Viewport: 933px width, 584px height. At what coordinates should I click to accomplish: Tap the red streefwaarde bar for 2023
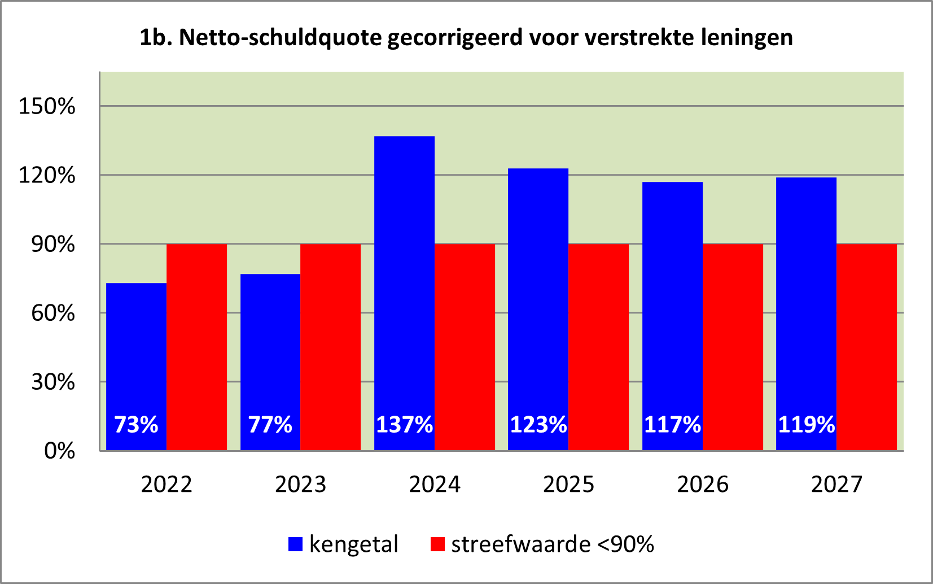330,347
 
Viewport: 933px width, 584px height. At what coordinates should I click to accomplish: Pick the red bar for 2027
866,347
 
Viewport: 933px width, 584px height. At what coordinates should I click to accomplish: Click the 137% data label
404,425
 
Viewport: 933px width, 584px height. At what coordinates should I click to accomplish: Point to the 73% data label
136,425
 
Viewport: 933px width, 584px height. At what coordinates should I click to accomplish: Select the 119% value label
806,425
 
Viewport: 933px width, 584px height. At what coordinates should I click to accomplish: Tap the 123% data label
538,425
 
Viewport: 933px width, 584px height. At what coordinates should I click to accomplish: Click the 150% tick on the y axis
47,106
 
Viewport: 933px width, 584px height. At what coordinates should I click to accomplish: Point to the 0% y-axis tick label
59,451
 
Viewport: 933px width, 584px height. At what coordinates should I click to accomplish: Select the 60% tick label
52,313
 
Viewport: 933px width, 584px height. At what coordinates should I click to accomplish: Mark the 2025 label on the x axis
568,485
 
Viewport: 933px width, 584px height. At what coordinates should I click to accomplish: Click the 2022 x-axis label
167,485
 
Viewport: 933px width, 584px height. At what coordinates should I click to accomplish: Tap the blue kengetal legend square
295,544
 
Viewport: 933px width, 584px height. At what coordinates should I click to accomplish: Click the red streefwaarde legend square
437,544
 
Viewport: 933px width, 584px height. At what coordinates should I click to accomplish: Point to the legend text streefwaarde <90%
552,544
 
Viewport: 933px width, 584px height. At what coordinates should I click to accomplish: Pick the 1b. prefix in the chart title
156,38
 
